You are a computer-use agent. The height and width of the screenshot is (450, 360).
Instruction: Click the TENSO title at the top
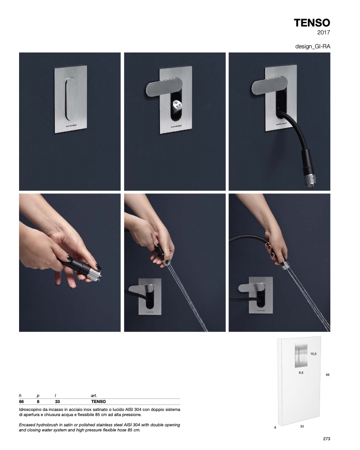tap(312, 23)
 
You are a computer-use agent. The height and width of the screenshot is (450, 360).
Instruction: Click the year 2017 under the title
tap(324, 33)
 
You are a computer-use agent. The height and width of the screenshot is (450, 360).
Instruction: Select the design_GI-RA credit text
tap(313, 46)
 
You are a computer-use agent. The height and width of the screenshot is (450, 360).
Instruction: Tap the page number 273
tap(327, 438)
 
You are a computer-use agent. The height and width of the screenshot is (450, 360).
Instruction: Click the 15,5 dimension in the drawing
tap(313, 354)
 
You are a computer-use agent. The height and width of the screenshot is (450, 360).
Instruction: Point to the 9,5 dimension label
tap(301, 372)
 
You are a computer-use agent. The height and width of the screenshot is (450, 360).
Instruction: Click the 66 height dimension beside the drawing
tap(327, 375)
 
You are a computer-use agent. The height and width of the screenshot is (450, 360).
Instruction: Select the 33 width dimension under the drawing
tap(302, 426)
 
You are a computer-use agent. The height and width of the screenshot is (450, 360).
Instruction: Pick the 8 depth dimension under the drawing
tap(275, 427)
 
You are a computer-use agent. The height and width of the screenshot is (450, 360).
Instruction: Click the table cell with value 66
tap(21, 402)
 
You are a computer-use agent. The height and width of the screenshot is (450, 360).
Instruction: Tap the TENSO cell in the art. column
tap(99, 402)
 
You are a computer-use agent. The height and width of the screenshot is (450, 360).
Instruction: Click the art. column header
tap(94, 396)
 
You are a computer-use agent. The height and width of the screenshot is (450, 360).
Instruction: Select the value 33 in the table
tap(57, 402)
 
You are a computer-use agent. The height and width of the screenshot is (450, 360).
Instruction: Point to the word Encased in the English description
tap(27, 425)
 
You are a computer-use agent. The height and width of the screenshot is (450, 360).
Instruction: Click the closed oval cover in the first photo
tap(71, 99)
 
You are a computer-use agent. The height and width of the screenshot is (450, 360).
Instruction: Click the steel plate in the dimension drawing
tap(301, 355)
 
